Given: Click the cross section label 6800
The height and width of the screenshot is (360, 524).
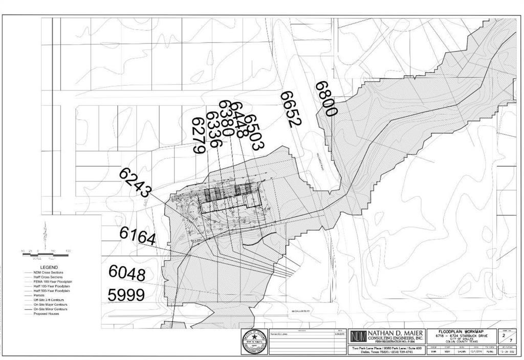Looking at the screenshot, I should pyautogui.click(x=326, y=99).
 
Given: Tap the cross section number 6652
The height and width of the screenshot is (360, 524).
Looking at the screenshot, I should pyautogui.click(x=291, y=109).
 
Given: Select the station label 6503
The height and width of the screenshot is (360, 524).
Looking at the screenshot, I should pyautogui.click(x=253, y=131).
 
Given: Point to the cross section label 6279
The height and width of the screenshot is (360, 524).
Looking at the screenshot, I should pyautogui.click(x=199, y=136).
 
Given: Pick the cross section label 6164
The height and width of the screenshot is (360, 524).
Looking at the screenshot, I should pyautogui.click(x=137, y=236).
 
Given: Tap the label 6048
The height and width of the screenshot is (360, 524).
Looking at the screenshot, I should pyautogui.click(x=126, y=273).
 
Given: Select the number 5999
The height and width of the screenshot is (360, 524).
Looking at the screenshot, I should pyautogui.click(x=126, y=295).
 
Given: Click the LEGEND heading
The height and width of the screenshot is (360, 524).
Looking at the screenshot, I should pyautogui.click(x=49, y=267).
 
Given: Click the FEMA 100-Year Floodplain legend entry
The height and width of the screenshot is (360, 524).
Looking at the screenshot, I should pyautogui.click(x=53, y=281).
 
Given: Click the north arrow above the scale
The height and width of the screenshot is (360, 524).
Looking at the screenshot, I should pyautogui.click(x=45, y=235).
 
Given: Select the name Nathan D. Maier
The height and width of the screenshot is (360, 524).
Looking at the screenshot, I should pyautogui.click(x=394, y=333).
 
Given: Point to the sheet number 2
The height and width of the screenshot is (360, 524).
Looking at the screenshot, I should pyautogui.click(x=504, y=336).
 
